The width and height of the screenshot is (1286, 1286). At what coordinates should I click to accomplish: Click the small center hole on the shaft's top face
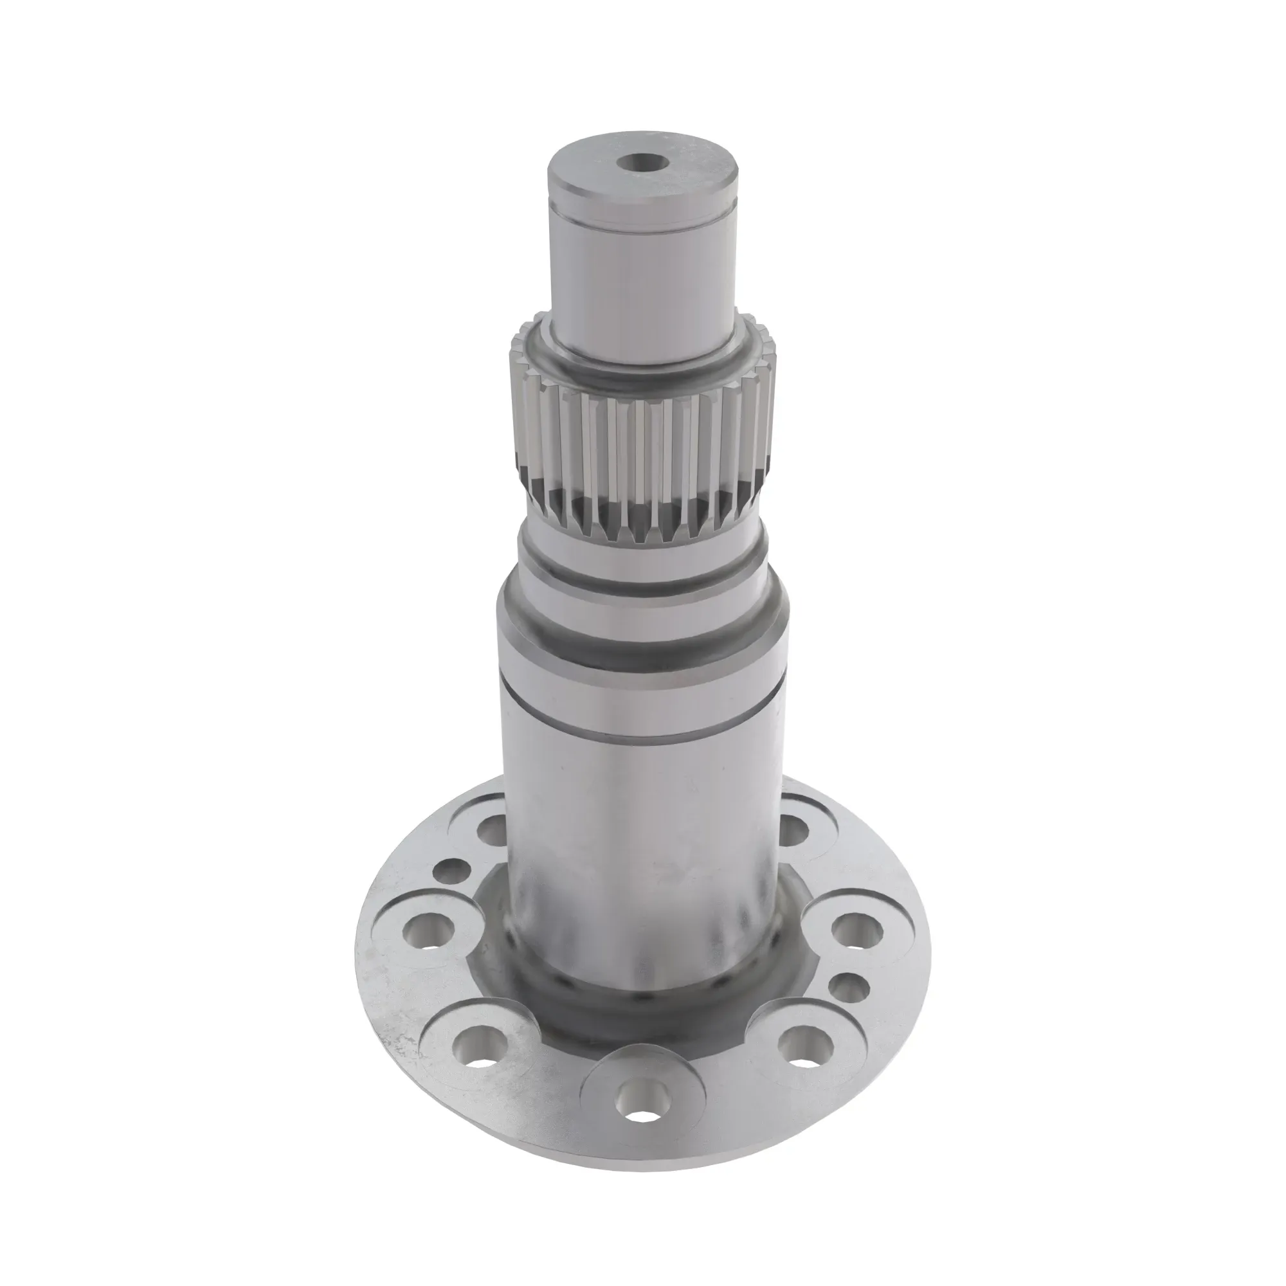click(x=642, y=162)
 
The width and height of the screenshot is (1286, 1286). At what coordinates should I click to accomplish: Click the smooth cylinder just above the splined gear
click(x=642, y=280)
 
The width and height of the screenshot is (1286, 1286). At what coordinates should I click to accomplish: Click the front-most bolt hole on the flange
click(x=642, y=1112)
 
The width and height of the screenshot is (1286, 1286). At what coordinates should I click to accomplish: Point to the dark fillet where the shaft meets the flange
click(x=642, y=1019)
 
